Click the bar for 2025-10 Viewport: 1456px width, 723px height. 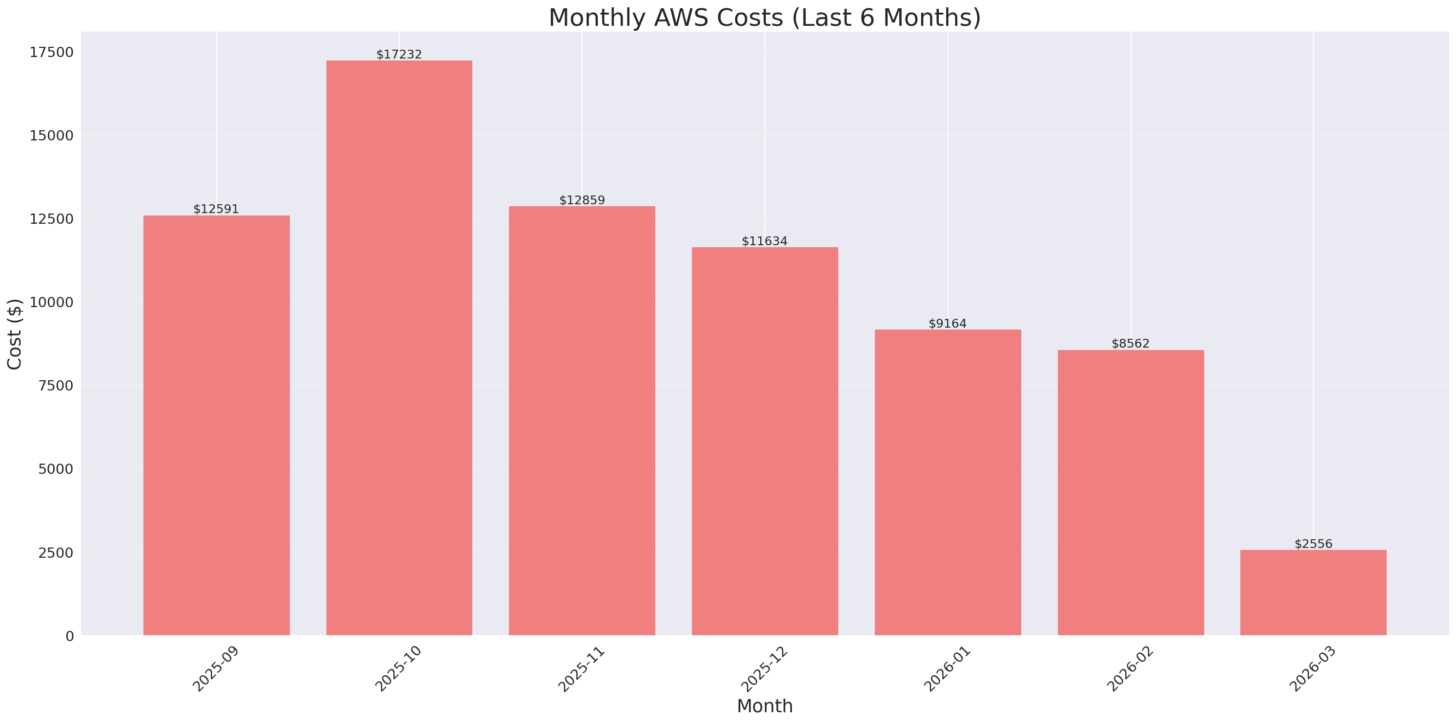pos(399,348)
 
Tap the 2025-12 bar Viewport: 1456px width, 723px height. pos(765,441)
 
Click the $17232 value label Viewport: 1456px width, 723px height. pos(399,54)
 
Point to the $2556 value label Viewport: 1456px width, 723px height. pos(1313,544)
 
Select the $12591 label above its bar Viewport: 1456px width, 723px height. pos(216,209)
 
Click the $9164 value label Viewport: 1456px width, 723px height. pos(948,324)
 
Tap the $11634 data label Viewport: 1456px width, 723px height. pos(765,241)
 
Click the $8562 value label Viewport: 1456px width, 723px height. pos(1131,343)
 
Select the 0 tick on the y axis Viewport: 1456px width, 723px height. pos(69,637)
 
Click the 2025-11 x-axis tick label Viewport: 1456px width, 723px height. pos(582,669)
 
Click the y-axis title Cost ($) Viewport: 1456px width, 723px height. pos(15,334)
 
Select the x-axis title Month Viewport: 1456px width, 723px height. pos(765,706)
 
